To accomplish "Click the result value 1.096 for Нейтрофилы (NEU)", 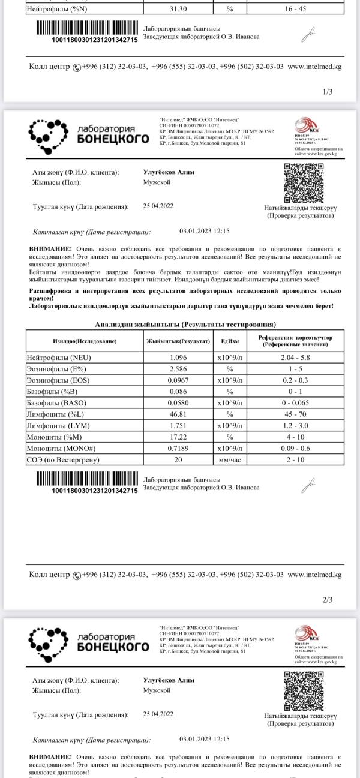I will pos(178,358).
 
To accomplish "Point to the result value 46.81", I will pos(178,414).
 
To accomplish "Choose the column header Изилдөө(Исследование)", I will pos(85,341).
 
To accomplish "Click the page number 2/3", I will pos(327,599).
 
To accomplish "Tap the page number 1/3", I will pos(327,92).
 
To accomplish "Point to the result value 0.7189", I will pos(178,448).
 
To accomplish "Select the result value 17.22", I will pos(178,437).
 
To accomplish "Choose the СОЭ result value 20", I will pos(178,460).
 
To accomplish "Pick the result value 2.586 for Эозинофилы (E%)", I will pos(178,368).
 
